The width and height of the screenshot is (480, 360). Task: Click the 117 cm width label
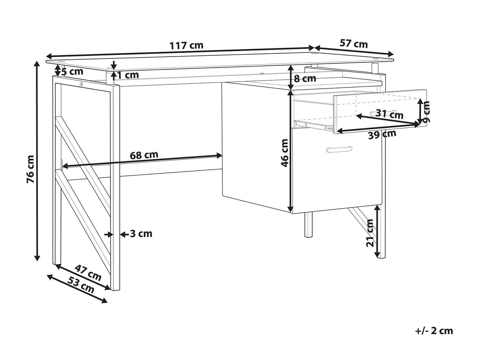(x=186, y=45)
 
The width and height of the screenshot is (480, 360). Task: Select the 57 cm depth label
(x=354, y=44)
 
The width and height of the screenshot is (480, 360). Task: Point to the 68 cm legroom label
(x=144, y=155)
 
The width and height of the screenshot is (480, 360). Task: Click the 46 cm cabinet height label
(x=284, y=153)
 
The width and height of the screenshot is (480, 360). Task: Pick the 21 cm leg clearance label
(x=370, y=233)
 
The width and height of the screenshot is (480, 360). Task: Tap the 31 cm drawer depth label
(x=389, y=114)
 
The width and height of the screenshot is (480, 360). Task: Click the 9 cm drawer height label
(x=426, y=111)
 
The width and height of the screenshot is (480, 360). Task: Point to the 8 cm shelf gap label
(x=305, y=78)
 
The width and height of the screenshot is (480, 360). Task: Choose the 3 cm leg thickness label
(x=141, y=234)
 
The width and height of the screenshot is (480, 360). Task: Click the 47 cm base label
(x=88, y=272)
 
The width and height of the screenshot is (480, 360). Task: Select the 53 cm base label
(x=81, y=284)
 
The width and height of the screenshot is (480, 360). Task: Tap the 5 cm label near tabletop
(x=72, y=71)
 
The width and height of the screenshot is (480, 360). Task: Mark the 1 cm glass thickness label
(x=128, y=75)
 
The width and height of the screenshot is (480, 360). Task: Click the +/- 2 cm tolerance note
(x=434, y=331)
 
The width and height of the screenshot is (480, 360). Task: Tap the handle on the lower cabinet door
(x=339, y=149)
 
